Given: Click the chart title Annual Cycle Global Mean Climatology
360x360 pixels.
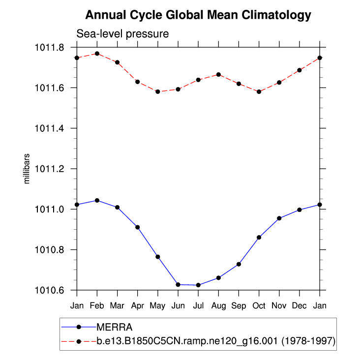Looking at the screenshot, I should [x=198, y=15].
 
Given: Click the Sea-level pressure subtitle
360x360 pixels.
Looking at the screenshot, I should [x=122, y=34].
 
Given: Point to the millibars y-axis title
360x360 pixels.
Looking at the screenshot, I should [x=28, y=169].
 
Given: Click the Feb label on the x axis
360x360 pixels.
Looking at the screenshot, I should [x=97, y=306].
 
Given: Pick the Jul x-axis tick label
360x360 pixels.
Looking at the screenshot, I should [x=198, y=306].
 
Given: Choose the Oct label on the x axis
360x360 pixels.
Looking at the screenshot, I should [x=259, y=306].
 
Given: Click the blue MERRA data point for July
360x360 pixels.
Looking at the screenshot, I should [x=198, y=285].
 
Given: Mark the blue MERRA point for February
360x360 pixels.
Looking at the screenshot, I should [x=97, y=200].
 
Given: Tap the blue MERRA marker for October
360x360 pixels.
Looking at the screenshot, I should [x=259, y=238].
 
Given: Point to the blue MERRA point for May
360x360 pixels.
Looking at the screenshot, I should [x=158, y=257].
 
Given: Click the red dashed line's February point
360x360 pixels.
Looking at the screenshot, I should [x=97, y=54].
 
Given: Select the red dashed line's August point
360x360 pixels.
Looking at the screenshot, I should [x=218, y=74].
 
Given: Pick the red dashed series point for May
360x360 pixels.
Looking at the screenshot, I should [x=158, y=91].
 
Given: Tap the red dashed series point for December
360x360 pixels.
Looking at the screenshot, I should [x=300, y=70].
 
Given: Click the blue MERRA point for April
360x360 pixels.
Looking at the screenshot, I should [x=137, y=227].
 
